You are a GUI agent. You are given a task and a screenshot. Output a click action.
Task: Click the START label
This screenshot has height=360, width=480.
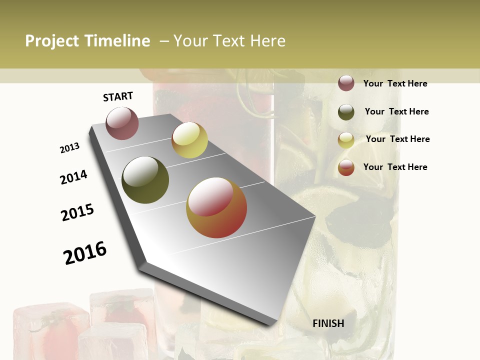click(118, 96)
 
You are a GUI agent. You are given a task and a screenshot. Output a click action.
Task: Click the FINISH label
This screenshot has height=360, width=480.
click(328, 323)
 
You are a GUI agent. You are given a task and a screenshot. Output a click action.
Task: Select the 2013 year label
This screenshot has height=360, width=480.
click(70, 148)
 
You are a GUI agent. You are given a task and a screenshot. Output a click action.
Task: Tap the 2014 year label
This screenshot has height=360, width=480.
click(74, 177)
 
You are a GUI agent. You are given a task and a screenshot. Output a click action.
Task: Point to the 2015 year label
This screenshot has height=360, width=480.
click(77, 212)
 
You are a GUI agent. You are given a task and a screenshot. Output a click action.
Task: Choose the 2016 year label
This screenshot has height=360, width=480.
click(85, 252)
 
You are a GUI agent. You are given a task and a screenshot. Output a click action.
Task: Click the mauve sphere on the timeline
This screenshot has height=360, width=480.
click(122, 123)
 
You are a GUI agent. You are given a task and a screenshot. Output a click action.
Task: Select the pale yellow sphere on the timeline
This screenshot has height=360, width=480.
click(189, 140)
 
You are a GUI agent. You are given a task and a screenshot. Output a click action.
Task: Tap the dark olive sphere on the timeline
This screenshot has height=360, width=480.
click(145, 180)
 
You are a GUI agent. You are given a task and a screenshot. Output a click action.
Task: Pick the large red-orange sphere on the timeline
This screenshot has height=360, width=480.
click(216, 208)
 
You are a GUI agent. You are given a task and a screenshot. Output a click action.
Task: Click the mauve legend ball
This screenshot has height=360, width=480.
click(346, 83)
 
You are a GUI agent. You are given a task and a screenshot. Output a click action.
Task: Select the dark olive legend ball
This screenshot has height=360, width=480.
click(346, 112)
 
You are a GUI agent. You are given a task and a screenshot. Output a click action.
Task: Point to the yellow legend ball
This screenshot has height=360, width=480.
click(346, 140)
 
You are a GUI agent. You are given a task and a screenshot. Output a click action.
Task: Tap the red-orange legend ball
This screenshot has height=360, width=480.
click(346, 167)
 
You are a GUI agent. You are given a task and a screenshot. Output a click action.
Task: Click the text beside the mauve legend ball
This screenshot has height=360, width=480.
click(395, 83)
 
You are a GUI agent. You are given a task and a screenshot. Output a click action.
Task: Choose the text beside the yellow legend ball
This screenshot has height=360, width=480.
click(397, 139)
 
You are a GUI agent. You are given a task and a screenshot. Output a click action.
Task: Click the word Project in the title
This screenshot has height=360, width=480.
click(52, 41)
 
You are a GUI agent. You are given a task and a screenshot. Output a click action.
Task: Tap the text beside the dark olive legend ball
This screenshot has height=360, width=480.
click(396, 111)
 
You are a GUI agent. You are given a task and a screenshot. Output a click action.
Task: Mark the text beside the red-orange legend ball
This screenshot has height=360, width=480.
click(395, 167)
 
